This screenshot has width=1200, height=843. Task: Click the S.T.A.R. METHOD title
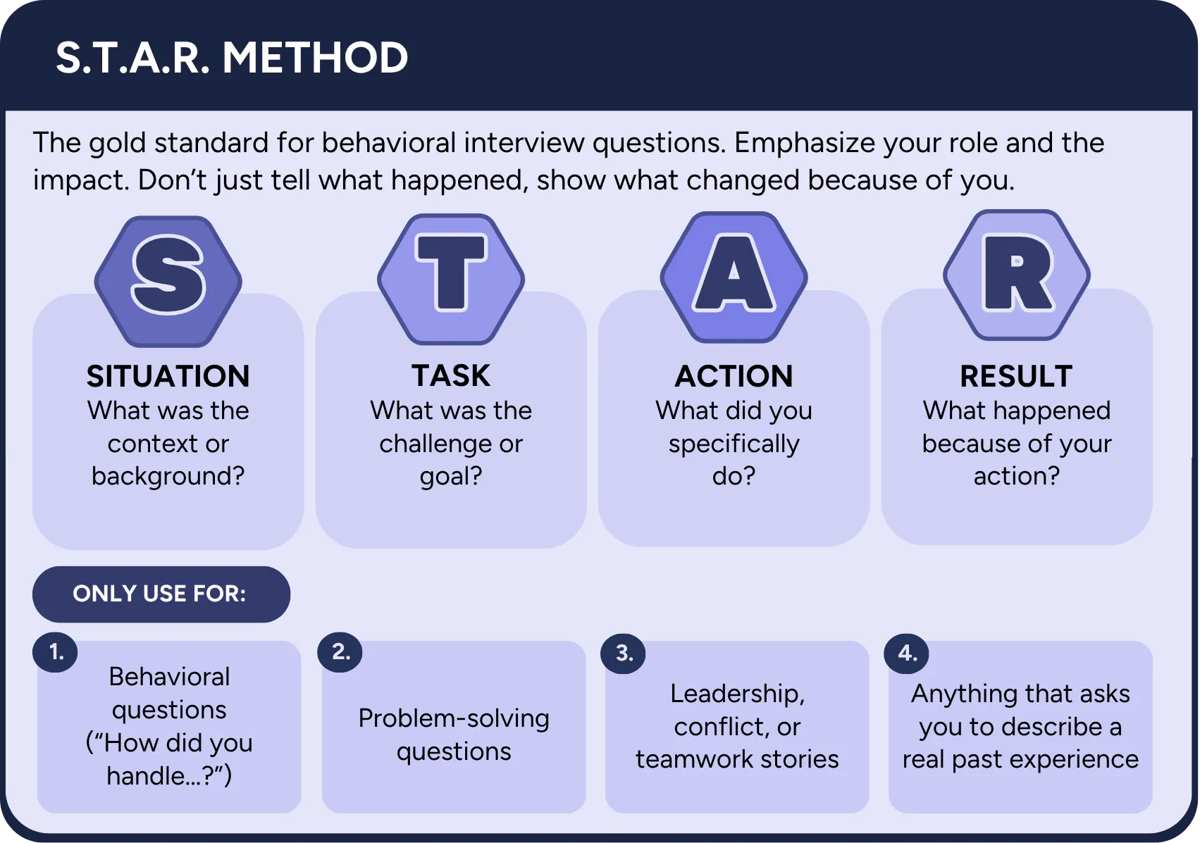(x=232, y=57)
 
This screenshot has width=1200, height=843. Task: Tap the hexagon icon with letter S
(x=168, y=281)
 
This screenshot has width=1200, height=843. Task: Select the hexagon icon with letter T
(x=451, y=279)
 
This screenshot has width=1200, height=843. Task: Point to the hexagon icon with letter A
(x=734, y=277)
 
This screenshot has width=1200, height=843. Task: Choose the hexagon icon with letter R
(x=1017, y=275)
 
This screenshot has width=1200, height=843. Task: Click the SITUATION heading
(x=168, y=376)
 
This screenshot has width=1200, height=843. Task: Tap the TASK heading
(x=451, y=375)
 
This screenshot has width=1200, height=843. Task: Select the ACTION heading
(x=734, y=376)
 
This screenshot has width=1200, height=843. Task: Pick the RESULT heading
(x=1016, y=376)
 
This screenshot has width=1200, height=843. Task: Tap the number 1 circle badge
(x=55, y=653)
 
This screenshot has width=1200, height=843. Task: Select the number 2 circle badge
(x=340, y=652)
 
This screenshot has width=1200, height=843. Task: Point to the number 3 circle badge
(x=623, y=654)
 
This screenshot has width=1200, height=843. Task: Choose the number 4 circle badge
(x=906, y=654)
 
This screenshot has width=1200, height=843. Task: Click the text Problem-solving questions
(x=454, y=735)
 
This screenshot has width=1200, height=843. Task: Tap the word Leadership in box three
(x=737, y=694)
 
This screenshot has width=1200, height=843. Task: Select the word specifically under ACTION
(x=734, y=444)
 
